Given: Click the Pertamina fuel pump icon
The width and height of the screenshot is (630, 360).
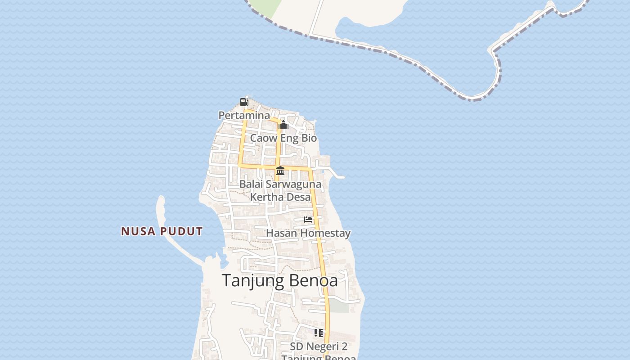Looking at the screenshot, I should (x=244, y=102).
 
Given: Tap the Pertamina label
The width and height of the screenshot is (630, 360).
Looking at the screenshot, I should (x=244, y=116).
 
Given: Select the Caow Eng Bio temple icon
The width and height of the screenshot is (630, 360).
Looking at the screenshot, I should (x=283, y=125).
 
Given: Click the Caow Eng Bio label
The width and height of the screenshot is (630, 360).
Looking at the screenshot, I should (x=283, y=138).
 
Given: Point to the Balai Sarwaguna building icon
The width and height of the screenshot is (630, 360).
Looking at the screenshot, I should (x=280, y=171).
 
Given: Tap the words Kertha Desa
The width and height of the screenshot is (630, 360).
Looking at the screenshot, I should (x=280, y=197).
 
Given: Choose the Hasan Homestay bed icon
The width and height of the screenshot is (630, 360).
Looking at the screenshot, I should (x=308, y=220).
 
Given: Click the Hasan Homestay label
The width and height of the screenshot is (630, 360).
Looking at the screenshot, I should (x=308, y=233).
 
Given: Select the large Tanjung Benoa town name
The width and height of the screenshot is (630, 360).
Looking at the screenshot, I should (x=280, y=280).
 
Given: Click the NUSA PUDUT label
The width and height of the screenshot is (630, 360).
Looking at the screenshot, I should (x=162, y=231).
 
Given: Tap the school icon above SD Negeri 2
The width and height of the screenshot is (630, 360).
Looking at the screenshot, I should (x=319, y=333).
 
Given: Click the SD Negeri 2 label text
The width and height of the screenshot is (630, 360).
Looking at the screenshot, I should (x=319, y=346).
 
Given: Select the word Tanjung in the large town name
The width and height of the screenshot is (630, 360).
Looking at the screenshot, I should (x=253, y=281).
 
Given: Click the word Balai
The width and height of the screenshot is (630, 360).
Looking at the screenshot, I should (x=249, y=184).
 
